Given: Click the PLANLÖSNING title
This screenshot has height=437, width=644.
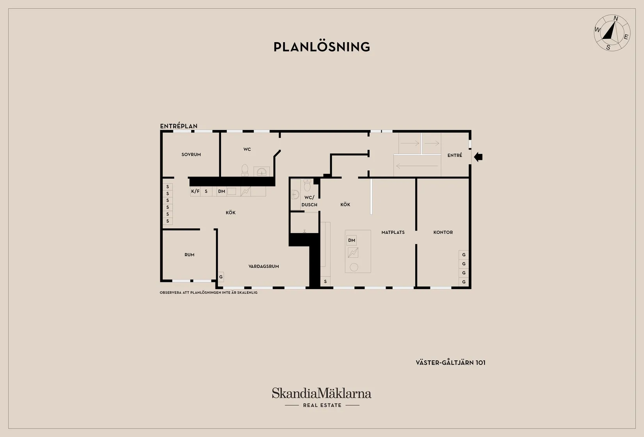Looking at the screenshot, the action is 322,47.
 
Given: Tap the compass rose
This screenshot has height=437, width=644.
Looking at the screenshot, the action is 612,33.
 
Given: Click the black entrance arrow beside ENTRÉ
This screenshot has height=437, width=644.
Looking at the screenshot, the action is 478,157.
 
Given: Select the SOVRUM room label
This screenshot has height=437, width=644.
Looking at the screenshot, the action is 191,155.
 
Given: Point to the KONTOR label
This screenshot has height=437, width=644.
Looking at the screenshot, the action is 443,232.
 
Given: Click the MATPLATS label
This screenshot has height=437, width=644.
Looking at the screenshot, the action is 393,232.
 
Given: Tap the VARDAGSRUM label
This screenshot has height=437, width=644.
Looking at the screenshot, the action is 263,266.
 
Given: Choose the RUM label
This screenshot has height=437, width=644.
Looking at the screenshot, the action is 189,255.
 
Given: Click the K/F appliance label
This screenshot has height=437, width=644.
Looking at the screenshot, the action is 195,191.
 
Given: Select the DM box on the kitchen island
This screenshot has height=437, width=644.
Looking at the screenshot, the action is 352,240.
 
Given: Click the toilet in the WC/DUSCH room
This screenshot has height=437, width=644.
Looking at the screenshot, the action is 307,185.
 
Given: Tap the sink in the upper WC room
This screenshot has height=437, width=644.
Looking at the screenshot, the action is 262,171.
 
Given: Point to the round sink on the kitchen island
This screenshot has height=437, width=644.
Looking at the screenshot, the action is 354,267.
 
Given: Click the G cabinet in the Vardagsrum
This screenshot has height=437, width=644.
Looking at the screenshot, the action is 221,277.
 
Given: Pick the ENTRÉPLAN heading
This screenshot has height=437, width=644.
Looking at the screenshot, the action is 179,126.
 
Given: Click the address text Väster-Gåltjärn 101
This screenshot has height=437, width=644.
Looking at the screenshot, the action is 450,362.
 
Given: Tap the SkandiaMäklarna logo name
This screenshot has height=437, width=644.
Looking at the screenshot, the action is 322,393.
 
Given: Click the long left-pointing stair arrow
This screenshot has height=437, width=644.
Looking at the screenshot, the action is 417,166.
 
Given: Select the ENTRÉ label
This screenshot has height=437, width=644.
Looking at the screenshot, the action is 455,155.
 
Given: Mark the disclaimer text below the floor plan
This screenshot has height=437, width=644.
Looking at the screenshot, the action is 209,293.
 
